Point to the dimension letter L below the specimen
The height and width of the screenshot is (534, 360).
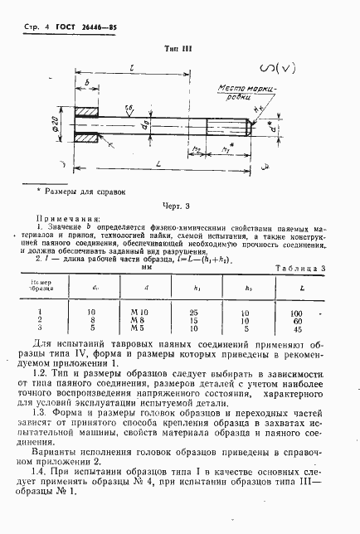click(x=157, y=167)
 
